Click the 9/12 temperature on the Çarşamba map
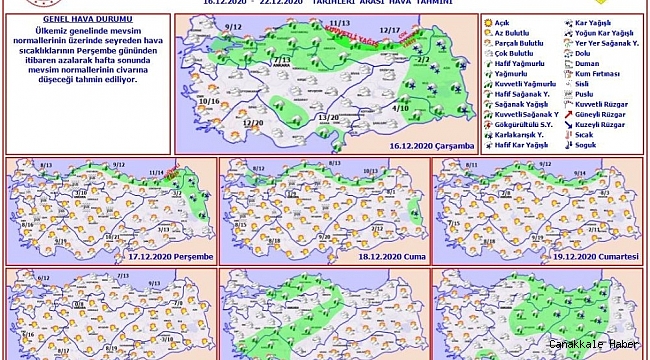[235, 27]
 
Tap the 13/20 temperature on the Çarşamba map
[328, 117]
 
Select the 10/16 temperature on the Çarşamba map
[209, 101]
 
